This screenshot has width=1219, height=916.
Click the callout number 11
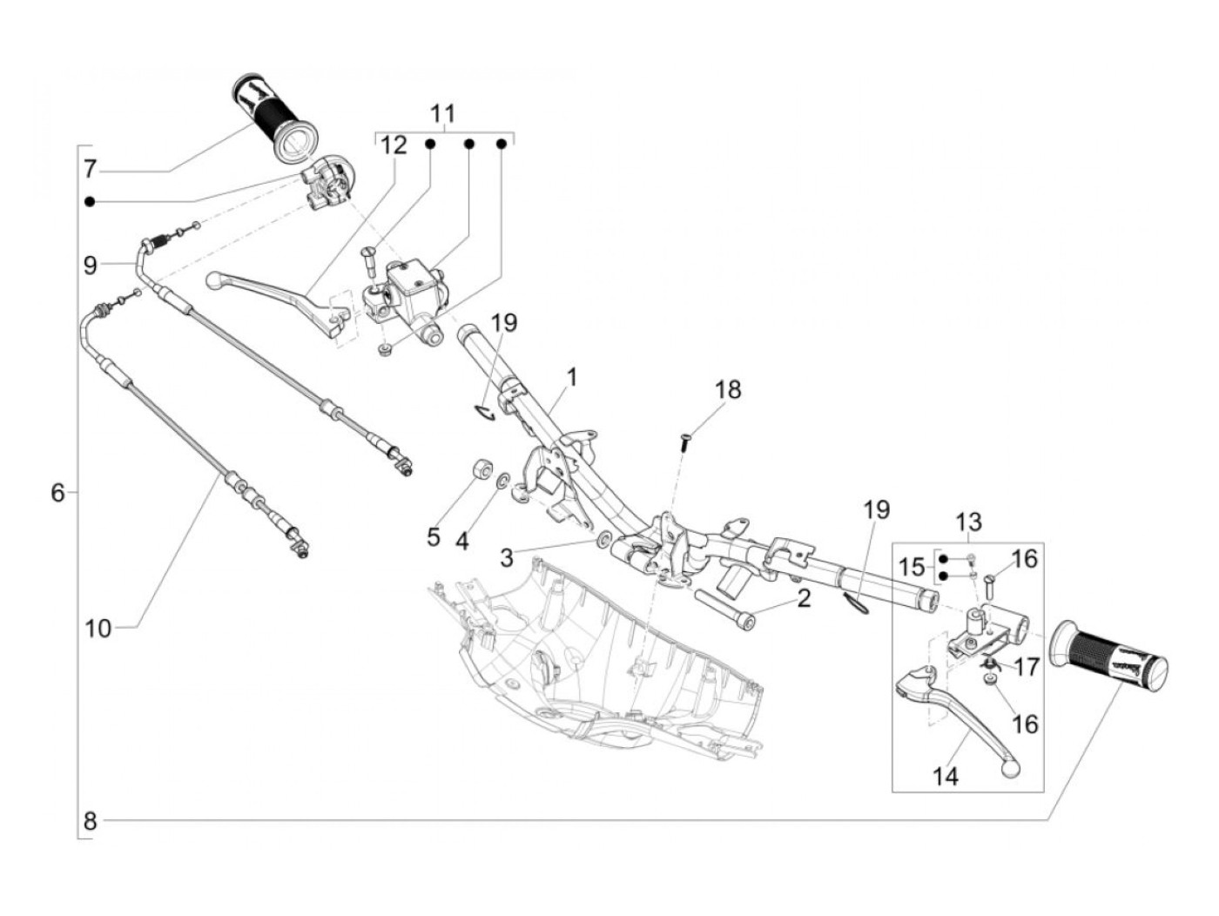[442, 114]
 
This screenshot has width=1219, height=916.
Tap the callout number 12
[393, 145]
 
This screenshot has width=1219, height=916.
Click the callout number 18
[728, 389]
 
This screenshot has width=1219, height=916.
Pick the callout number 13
[968, 522]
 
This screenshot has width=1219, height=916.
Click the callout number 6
[57, 493]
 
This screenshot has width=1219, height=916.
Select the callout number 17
[1027, 667]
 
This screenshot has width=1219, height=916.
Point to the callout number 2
[804, 597]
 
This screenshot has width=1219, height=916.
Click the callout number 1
[571, 377]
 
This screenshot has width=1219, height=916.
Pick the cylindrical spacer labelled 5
[481, 470]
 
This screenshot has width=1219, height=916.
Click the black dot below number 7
[90, 201]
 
